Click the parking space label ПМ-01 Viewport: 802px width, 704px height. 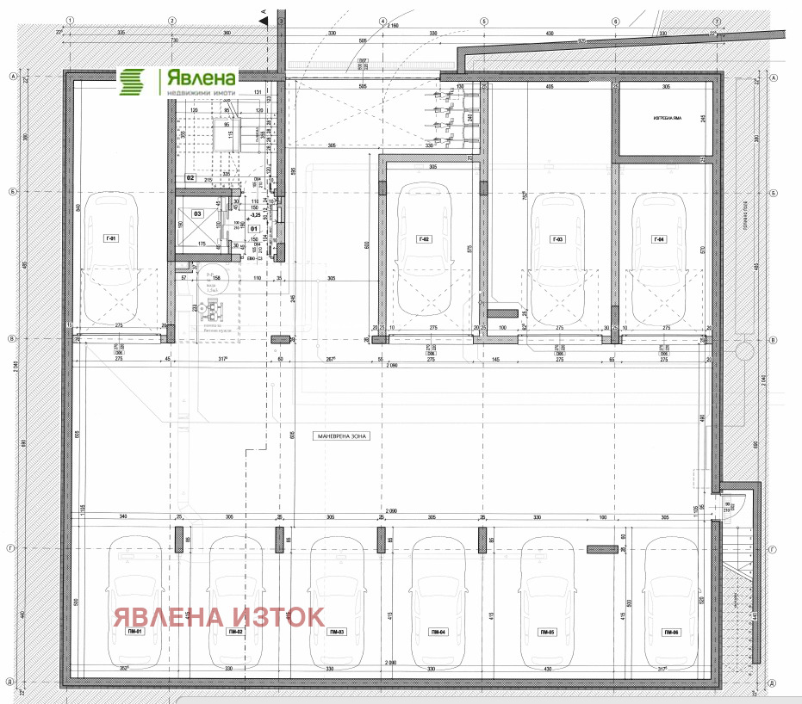pos(134,632)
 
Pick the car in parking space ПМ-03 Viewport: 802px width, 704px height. pos(337,602)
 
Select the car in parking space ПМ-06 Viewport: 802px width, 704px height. pos(671,602)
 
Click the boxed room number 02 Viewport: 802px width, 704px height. pos(191,178)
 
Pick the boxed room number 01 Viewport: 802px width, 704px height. pos(254,229)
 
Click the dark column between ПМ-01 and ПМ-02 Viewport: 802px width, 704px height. pos(179,540)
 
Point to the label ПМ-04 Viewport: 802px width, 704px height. pos(438,632)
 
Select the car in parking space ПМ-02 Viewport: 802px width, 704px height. pos(235,602)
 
